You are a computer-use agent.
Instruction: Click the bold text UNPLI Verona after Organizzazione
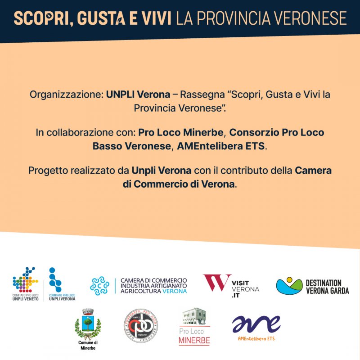click(x=138, y=95)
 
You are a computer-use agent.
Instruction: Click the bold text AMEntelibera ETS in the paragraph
click(x=221, y=146)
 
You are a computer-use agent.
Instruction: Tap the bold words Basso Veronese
click(x=132, y=146)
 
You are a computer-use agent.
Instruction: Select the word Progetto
click(x=48, y=171)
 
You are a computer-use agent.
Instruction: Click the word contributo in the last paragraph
click(x=240, y=171)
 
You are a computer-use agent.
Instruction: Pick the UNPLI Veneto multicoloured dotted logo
click(x=25, y=281)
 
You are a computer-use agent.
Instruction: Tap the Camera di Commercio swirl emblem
click(x=99, y=286)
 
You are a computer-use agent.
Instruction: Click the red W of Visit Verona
click(x=216, y=283)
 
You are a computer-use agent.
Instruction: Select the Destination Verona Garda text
click(x=327, y=287)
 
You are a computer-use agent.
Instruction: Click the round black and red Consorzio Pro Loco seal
click(x=140, y=327)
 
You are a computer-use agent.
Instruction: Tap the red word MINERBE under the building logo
click(x=194, y=341)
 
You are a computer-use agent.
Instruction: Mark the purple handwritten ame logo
click(x=256, y=324)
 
